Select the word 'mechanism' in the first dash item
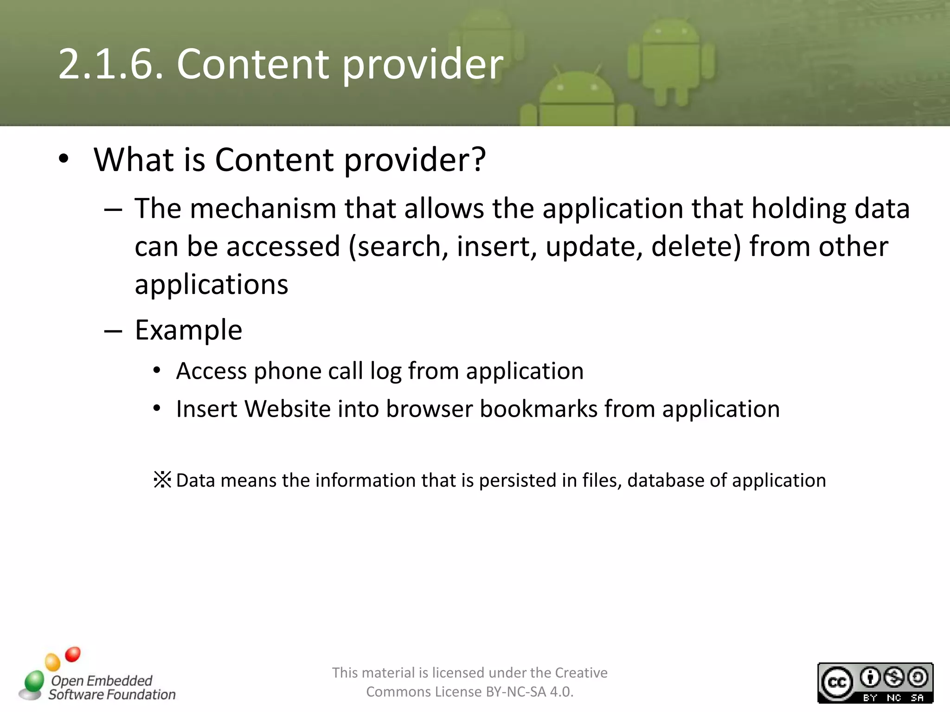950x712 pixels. (263, 209)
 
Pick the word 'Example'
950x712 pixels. (188, 330)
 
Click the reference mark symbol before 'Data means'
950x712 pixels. (162, 480)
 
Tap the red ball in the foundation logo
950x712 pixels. (73, 655)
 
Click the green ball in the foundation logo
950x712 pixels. (34, 681)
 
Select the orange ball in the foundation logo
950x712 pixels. (52, 662)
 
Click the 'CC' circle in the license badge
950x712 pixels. (837, 683)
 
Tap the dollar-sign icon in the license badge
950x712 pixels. (894, 677)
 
